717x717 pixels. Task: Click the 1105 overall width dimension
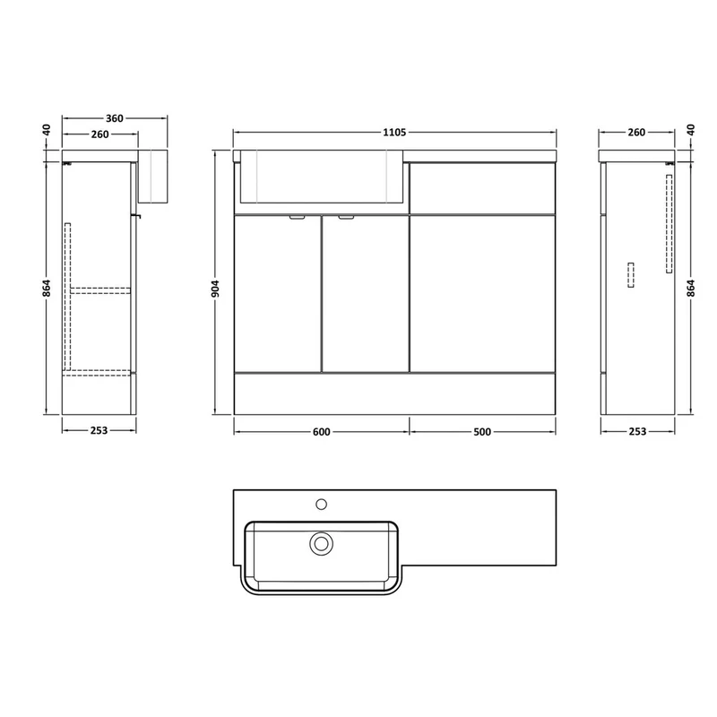tap(394, 132)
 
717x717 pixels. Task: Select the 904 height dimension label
tap(215, 289)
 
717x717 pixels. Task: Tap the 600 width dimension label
tap(322, 432)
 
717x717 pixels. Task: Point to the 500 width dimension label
tap(482, 432)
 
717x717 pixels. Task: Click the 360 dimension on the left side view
tap(115, 118)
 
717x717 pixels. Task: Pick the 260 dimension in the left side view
tap(100, 134)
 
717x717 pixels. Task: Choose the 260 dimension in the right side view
tap(636, 132)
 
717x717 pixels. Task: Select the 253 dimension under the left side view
tap(99, 430)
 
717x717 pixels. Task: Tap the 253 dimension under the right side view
tap(637, 431)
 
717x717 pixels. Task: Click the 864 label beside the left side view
tap(47, 289)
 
